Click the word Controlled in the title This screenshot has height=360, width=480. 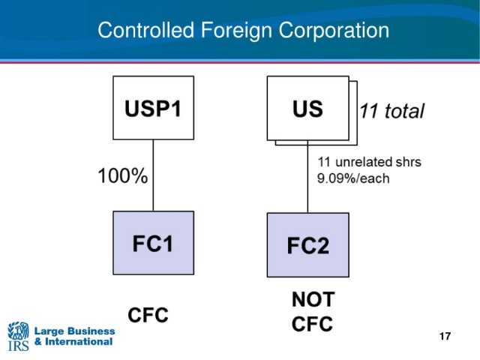(146, 30)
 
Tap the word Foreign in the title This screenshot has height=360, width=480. (236, 31)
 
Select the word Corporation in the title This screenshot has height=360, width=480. (334, 31)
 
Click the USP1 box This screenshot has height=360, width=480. (153, 108)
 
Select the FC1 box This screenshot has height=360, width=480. (153, 243)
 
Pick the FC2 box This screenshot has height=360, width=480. (308, 245)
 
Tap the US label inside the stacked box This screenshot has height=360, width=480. (307, 109)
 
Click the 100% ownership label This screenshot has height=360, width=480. (123, 176)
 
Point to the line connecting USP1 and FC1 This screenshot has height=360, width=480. (153, 175)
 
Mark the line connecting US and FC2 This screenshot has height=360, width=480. (307, 177)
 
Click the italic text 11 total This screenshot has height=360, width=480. (392, 111)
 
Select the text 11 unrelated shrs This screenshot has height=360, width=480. (370, 162)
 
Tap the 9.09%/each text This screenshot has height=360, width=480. (353, 178)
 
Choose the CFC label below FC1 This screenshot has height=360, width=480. (148, 315)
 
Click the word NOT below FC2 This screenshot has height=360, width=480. (313, 299)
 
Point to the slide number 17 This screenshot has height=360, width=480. (445, 337)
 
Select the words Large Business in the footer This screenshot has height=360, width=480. (75, 331)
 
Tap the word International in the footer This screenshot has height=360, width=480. (79, 342)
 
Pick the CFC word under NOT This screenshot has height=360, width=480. (312, 324)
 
